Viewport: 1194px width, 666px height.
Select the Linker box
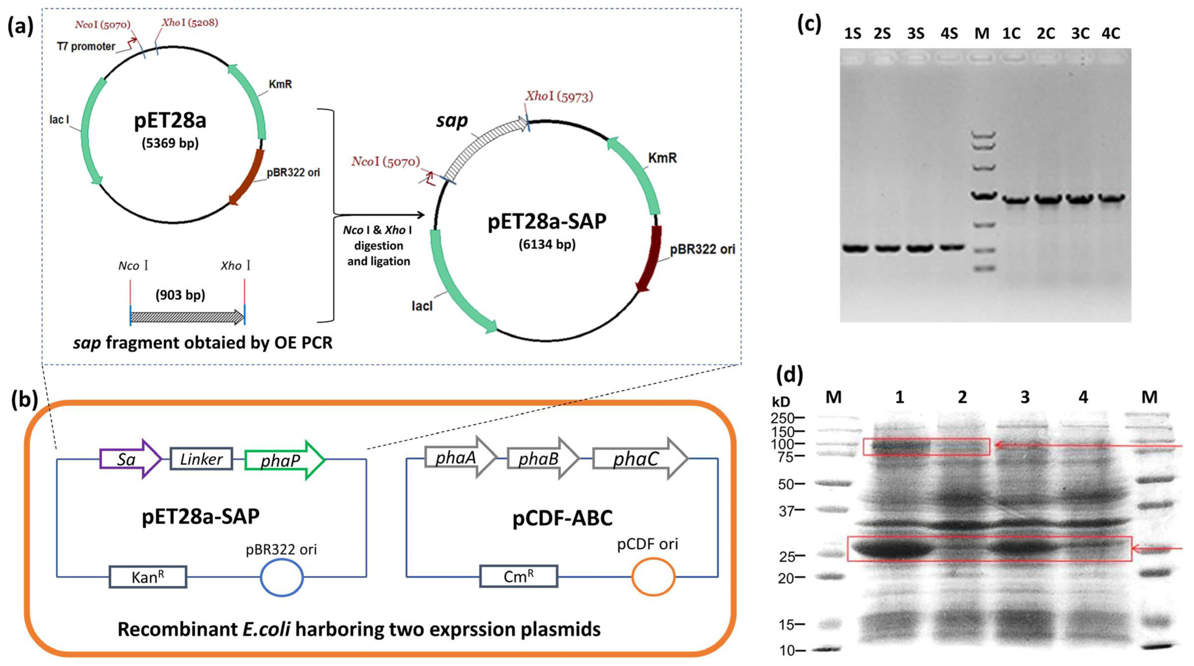(x=201, y=459)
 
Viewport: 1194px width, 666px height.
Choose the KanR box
(x=148, y=577)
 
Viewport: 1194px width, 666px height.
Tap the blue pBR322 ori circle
(x=281, y=577)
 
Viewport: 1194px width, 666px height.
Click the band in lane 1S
(x=855, y=249)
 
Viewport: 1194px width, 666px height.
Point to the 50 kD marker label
(x=786, y=484)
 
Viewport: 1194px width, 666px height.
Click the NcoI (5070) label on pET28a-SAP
(x=386, y=161)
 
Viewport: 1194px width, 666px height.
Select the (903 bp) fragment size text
(x=180, y=295)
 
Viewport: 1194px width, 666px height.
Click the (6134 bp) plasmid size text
(x=547, y=244)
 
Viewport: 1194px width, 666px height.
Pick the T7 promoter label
(x=86, y=46)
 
